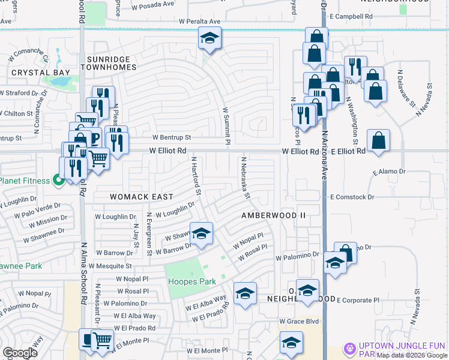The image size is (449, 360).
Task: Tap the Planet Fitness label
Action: point(25,181)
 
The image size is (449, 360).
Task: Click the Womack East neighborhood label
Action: point(142,197)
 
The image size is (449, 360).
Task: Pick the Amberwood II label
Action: point(273,215)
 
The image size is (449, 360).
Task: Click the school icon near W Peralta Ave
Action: point(210,40)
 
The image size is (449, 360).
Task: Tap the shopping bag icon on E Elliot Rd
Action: point(378,141)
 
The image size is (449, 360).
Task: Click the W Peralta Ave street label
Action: point(199,22)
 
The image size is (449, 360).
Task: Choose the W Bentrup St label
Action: point(171,137)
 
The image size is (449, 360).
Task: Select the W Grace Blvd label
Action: point(298,322)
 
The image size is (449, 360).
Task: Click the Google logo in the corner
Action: point(20,353)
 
